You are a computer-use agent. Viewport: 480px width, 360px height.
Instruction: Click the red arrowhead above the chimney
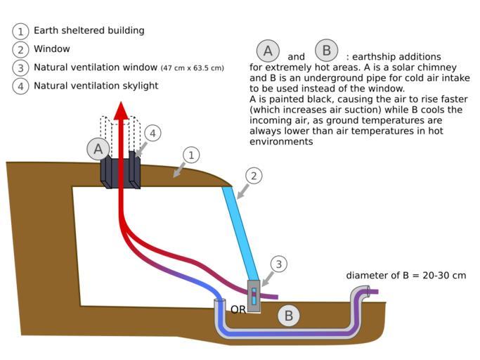pos(121,111)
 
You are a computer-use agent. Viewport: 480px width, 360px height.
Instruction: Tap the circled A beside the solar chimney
pos(98,148)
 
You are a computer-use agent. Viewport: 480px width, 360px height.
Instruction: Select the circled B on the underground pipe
pos(288,316)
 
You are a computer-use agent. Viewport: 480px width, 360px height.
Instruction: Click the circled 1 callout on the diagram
pos(190,155)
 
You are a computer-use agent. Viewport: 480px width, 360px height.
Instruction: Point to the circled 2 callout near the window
pos(254,176)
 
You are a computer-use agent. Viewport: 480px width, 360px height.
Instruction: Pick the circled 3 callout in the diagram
pos(278,264)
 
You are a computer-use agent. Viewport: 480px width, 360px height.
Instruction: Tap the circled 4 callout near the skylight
pos(153,133)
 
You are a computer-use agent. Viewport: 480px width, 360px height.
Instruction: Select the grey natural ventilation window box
pos(254,295)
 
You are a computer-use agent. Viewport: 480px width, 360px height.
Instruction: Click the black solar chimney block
pos(119,172)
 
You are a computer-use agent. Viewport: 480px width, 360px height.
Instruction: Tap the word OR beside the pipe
pos(238,309)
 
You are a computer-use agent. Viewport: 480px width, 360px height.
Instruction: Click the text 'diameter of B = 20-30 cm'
pos(406,276)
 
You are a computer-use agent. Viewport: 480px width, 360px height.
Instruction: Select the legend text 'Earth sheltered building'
pos(89,31)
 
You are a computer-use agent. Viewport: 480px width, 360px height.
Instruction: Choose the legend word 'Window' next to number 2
pos(52,49)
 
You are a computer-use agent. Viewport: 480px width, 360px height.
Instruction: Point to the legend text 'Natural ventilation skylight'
pos(96,86)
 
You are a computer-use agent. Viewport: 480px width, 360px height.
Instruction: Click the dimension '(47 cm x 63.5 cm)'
pos(192,68)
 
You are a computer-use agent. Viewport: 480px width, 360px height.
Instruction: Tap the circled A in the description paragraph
pos(267,51)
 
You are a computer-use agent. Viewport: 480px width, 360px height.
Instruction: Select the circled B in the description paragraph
pos(327,51)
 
